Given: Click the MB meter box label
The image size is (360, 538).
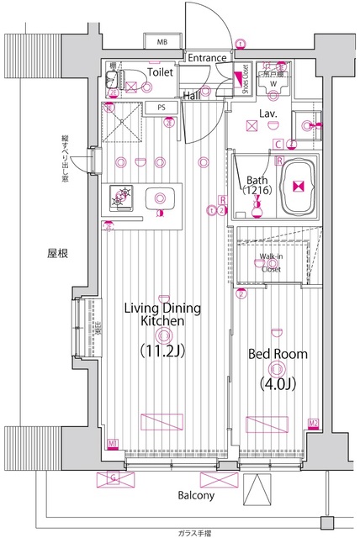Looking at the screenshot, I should [x=160, y=41].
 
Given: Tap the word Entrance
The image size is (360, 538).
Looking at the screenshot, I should [x=207, y=58].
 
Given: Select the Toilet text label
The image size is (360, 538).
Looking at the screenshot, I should [x=160, y=73].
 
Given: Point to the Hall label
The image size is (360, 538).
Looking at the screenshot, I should [x=192, y=97].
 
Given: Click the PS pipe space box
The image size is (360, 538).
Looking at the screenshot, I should [x=161, y=107].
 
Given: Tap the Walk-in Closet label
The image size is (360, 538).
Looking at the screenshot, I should [x=271, y=262].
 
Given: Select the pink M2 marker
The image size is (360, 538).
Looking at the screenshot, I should [x=313, y=423].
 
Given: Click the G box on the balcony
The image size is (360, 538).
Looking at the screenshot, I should [x=114, y=478].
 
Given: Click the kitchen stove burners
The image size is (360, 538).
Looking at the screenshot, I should [x=119, y=197].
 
